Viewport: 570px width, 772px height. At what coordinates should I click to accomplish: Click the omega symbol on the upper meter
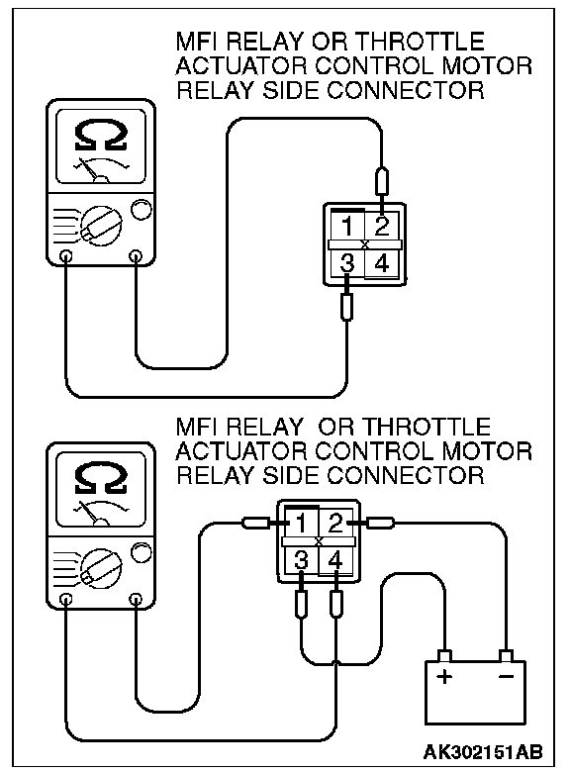click(x=101, y=136)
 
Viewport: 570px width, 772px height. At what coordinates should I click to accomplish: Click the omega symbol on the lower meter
click(x=101, y=479)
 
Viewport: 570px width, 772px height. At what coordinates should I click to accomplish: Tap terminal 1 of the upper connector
click(x=347, y=227)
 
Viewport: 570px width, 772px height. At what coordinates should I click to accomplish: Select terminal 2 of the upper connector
click(x=382, y=227)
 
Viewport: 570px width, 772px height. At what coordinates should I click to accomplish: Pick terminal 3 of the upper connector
click(x=347, y=263)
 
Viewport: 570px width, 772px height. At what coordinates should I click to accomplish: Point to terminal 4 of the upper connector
click(x=382, y=263)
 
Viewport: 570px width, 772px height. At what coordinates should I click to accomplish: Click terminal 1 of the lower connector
click(x=301, y=524)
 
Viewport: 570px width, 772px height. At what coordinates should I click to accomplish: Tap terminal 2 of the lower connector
click(x=335, y=524)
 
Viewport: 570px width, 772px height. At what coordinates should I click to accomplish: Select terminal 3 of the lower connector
click(x=301, y=560)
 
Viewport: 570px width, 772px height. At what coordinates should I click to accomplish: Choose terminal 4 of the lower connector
click(x=335, y=560)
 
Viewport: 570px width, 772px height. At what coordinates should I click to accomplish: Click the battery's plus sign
click(x=444, y=676)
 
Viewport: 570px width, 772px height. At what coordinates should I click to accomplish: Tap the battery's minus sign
click(x=506, y=676)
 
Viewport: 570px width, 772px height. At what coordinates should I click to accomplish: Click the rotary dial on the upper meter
click(x=101, y=226)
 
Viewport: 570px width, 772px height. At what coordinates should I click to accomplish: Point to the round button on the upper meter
click(x=142, y=209)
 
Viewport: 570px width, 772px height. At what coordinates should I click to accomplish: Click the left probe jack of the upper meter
click(x=65, y=256)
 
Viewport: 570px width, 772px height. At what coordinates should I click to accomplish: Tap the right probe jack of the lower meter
click(x=136, y=599)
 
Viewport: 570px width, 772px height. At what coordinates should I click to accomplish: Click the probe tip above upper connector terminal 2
click(x=382, y=183)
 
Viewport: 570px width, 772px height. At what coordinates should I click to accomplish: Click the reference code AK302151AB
click(x=483, y=752)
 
